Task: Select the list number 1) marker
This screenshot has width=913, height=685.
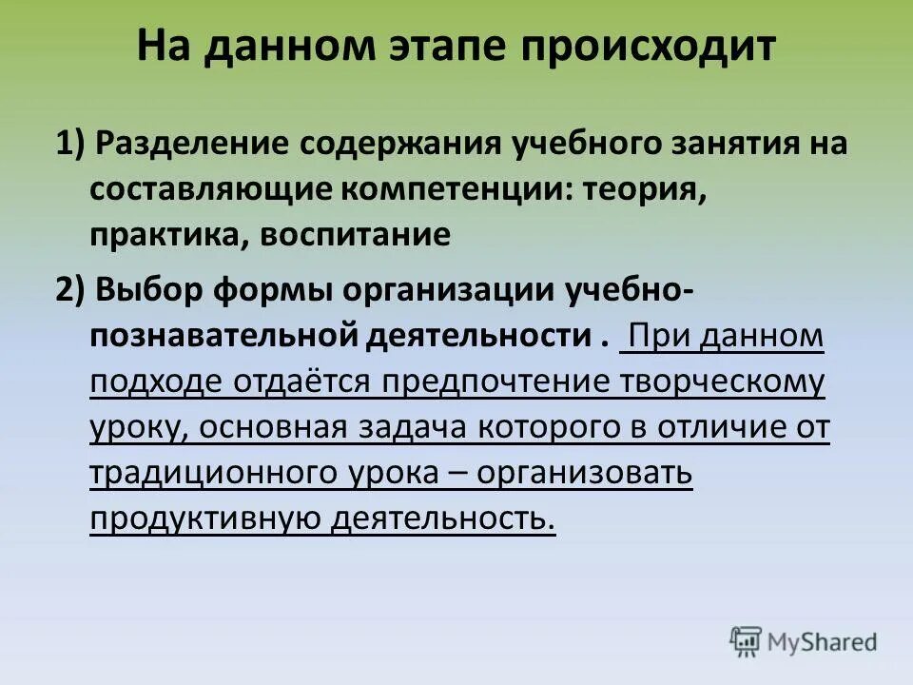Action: (x=72, y=144)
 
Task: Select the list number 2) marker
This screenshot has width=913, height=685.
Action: (x=72, y=290)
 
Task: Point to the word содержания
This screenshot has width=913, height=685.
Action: (x=398, y=144)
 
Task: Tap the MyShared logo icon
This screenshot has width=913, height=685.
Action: (x=747, y=641)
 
